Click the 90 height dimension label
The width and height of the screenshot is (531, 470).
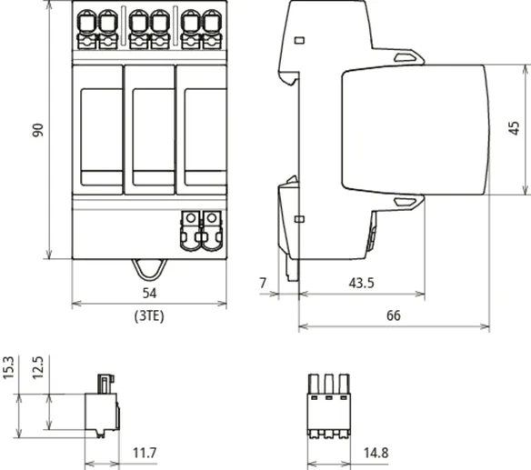(x=38, y=130)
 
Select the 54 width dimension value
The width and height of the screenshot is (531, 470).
(x=149, y=294)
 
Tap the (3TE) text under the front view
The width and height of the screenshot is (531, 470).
(x=149, y=316)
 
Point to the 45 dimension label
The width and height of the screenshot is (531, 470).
(x=514, y=128)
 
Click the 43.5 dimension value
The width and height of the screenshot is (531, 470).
(x=361, y=283)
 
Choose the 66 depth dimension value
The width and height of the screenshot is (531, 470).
(x=394, y=315)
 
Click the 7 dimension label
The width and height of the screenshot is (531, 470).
(x=263, y=283)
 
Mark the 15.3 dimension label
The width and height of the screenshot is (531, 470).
(x=8, y=367)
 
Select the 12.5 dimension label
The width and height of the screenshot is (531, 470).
(x=38, y=367)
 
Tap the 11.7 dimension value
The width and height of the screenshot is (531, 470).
(x=145, y=453)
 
